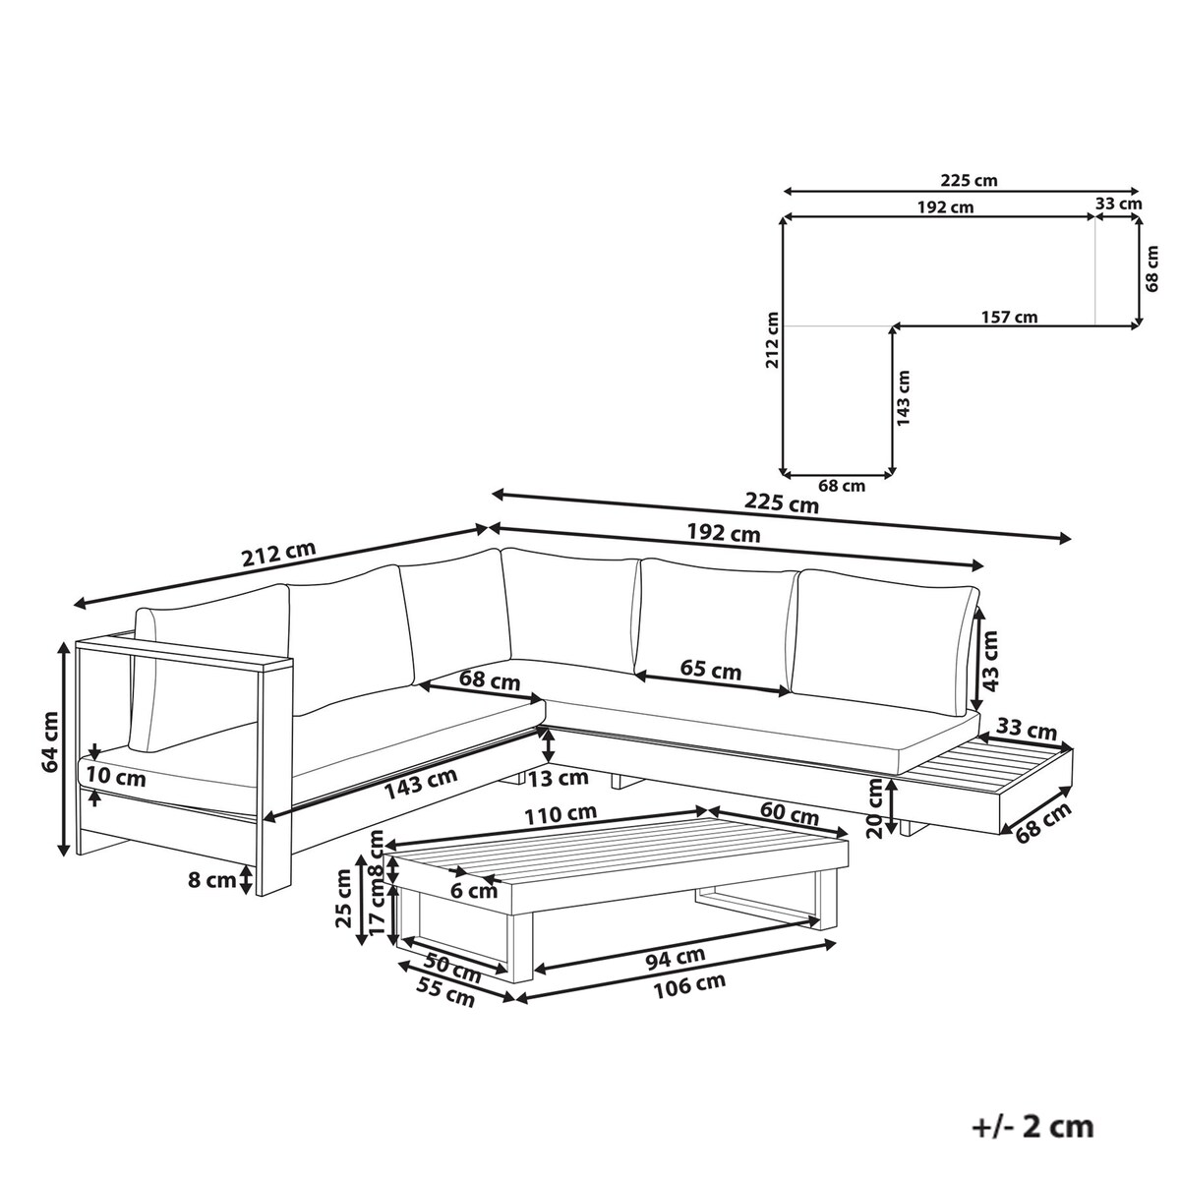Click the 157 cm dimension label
click(x=1009, y=318)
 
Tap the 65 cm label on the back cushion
click(x=710, y=670)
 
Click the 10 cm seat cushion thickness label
click(x=116, y=777)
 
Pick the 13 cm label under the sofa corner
click(x=559, y=778)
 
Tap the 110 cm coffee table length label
click(x=560, y=814)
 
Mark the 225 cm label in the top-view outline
click(x=969, y=181)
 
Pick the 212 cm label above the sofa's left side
click(x=279, y=555)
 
